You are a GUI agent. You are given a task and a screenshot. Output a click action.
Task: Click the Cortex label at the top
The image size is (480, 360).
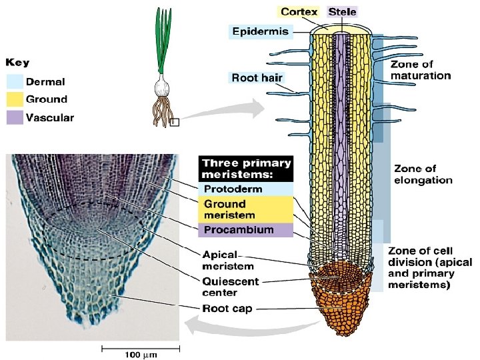(299, 12)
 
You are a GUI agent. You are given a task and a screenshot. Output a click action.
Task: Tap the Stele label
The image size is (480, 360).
(343, 12)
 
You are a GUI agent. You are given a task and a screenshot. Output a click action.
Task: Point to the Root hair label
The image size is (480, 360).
(257, 78)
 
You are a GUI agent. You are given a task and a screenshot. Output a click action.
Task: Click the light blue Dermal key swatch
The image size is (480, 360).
(15, 81)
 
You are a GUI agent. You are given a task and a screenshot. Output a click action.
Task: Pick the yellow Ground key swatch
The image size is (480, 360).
(15, 99)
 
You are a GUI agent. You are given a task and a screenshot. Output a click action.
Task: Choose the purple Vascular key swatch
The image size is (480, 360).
(15, 118)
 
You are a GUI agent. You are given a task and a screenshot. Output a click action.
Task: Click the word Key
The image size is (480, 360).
(18, 63)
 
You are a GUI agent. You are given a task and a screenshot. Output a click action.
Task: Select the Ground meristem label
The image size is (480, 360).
(229, 209)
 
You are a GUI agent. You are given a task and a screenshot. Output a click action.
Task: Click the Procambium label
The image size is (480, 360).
(238, 230)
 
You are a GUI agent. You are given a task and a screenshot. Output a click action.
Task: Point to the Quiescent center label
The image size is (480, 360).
(231, 287)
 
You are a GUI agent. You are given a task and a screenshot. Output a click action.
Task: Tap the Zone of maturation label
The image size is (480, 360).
(421, 70)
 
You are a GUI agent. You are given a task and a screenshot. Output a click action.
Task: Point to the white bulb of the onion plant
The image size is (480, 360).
(163, 86)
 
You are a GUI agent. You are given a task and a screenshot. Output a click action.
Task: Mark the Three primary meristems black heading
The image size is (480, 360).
(246, 168)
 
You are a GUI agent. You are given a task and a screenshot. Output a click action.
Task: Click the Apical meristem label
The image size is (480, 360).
(225, 260)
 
